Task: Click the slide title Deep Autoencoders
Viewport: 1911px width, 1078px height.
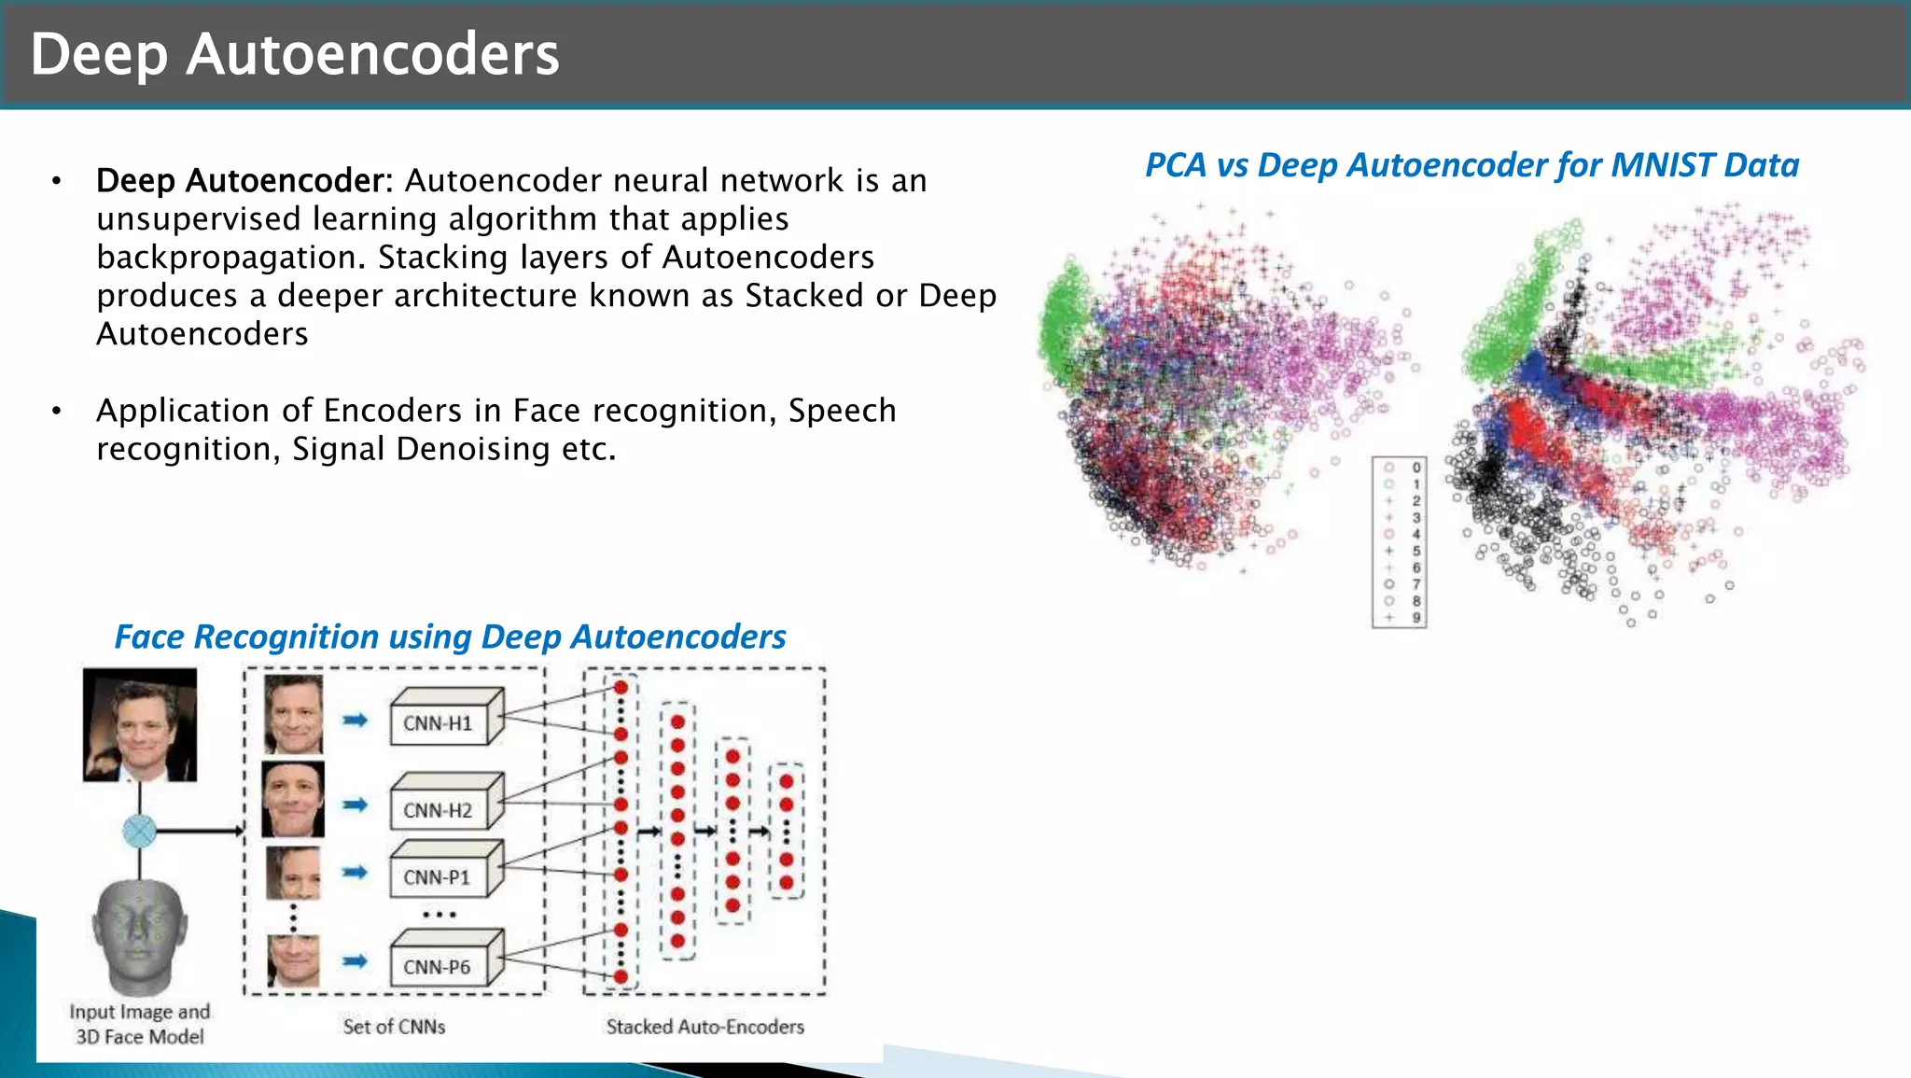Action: [x=295, y=54]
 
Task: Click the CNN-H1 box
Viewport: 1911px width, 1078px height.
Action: [x=439, y=723]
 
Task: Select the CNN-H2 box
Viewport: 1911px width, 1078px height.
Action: [x=439, y=810]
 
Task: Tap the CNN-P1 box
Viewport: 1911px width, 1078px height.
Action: [x=437, y=877]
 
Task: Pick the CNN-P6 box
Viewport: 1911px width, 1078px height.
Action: [x=437, y=967]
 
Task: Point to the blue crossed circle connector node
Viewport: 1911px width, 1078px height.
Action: [x=140, y=831]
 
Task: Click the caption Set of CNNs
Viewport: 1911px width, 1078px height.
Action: [x=394, y=1027]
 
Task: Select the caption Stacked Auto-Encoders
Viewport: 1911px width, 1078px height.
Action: [x=704, y=1027]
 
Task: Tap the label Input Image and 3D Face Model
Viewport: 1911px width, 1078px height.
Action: [x=140, y=1024]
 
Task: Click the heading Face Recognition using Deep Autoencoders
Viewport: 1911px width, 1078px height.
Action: [x=450, y=637]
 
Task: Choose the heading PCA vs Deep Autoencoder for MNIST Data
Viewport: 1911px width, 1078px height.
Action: [x=1472, y=165]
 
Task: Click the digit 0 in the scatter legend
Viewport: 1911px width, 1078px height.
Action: [x=1416, y=468]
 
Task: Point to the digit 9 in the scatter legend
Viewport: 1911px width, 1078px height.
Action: [x=1416, y=617]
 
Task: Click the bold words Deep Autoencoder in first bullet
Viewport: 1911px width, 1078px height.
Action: [x=240, y=180]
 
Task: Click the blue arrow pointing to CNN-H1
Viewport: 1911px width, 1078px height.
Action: [x=355, y=720]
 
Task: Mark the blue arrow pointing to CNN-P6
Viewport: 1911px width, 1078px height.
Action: [x=355, y=961]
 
